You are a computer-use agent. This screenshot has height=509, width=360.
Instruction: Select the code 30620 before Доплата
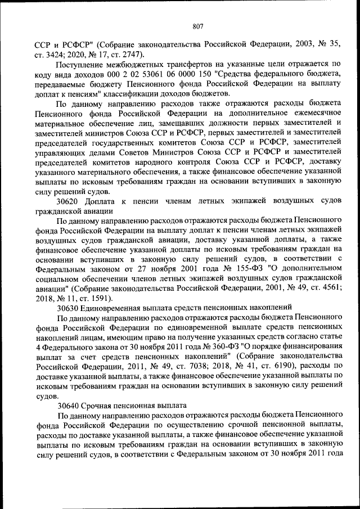67,201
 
